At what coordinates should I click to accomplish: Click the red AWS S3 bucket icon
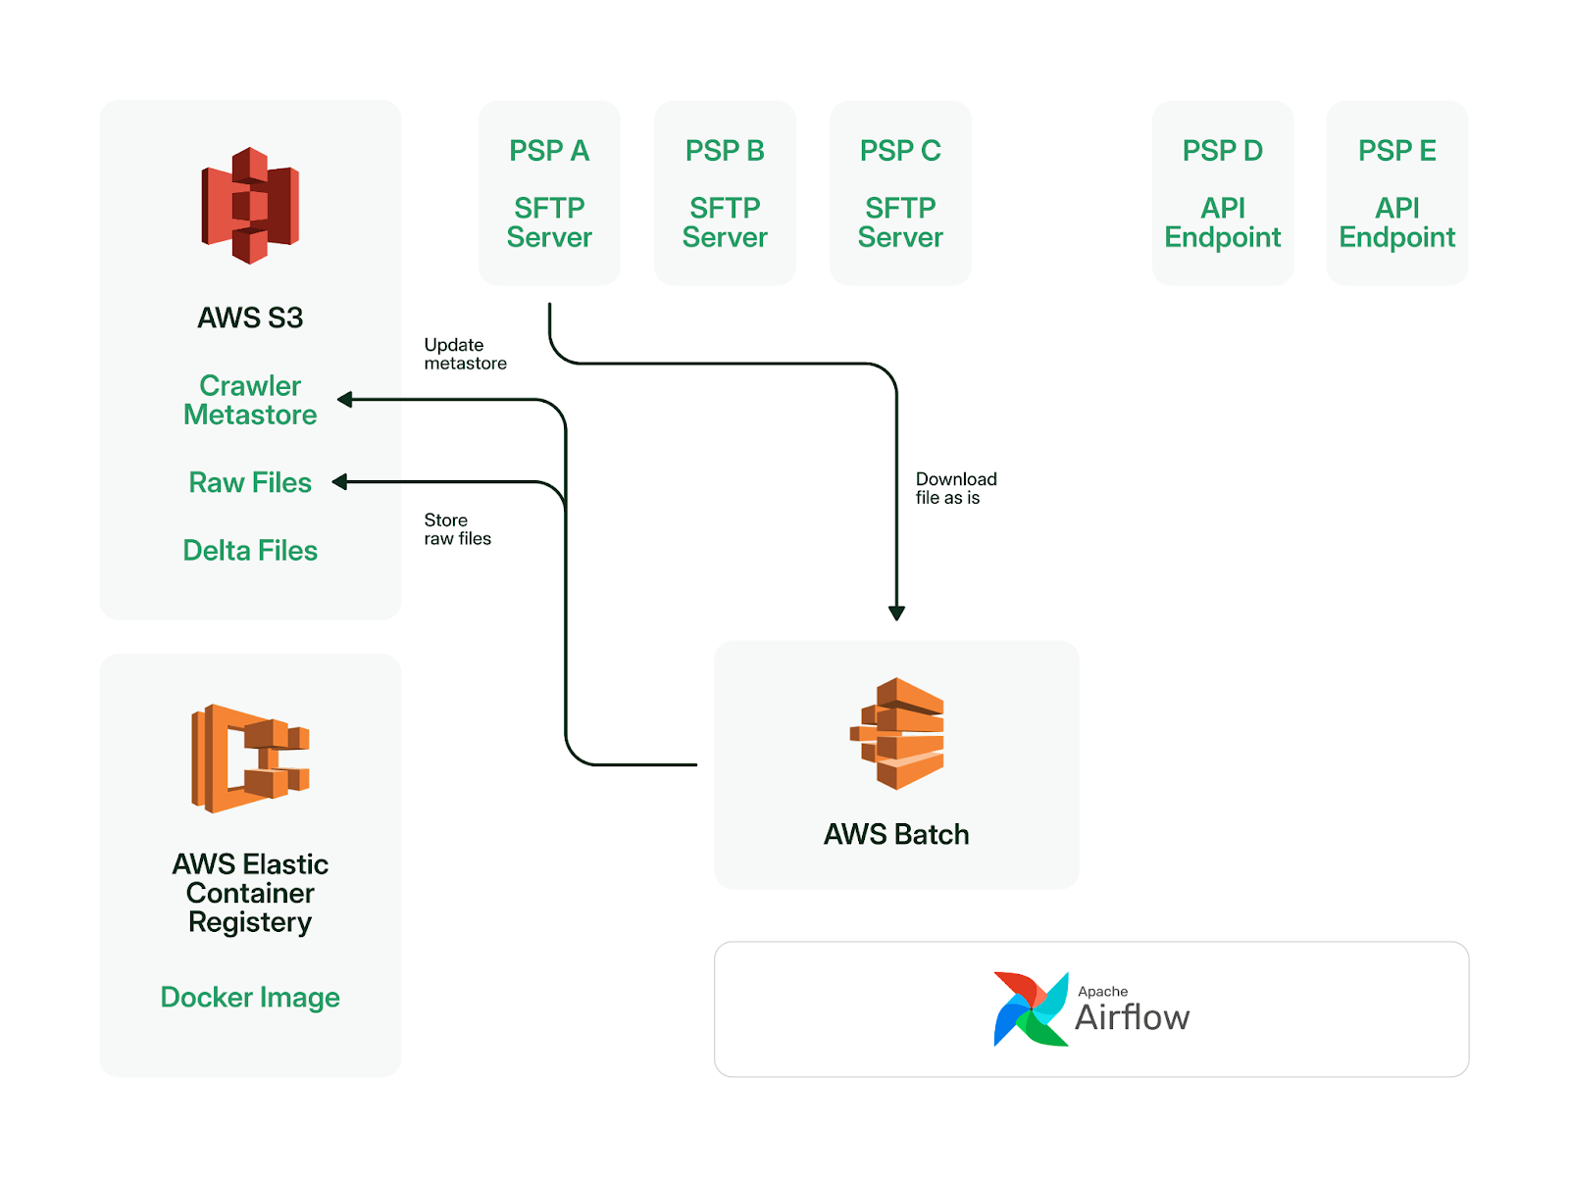point(249,205)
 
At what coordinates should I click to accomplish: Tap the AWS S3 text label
point(249,318)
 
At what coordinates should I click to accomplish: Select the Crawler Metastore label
point(249,400)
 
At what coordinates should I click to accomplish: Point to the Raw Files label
point(249,482)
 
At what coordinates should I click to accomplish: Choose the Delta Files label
point(249,550)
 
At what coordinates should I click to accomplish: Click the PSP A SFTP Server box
point(549,193)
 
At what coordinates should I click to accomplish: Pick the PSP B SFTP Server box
point(724,193)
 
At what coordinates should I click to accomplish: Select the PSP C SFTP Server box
point(900,193)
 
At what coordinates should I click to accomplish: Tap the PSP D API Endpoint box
point(1222,193)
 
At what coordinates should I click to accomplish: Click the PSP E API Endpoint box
point(1396,193)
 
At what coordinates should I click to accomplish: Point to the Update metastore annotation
point(465,354)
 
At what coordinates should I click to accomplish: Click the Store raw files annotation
point(458,529)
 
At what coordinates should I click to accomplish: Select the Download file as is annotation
point(956,488)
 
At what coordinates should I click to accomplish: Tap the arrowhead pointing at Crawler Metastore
point(344,399)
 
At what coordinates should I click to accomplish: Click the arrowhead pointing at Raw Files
point(339,482)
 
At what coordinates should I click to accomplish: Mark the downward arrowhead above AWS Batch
point(896,613)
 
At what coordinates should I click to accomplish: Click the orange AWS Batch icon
point(896,733)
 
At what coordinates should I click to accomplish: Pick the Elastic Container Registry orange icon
point(249,759)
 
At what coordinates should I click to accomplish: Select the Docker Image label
point(249,998)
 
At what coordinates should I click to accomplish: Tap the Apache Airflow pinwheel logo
point(1030,1009)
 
